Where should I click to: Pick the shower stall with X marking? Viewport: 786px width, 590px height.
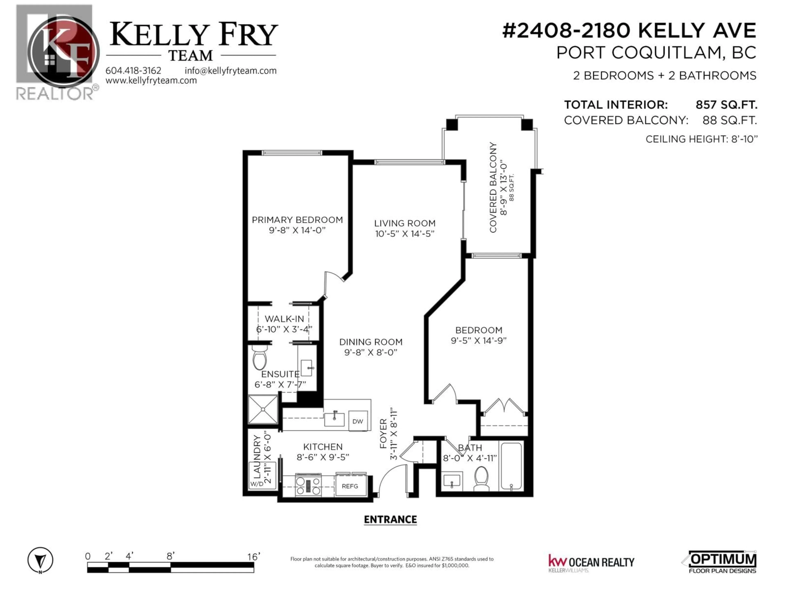[263, 409]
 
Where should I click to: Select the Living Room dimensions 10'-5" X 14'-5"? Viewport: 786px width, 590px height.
[405, 234]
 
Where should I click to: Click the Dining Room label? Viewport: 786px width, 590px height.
[371, 342]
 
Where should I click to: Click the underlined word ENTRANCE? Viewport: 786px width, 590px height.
[390, 520]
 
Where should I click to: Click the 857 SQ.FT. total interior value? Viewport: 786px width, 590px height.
[726, 105]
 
